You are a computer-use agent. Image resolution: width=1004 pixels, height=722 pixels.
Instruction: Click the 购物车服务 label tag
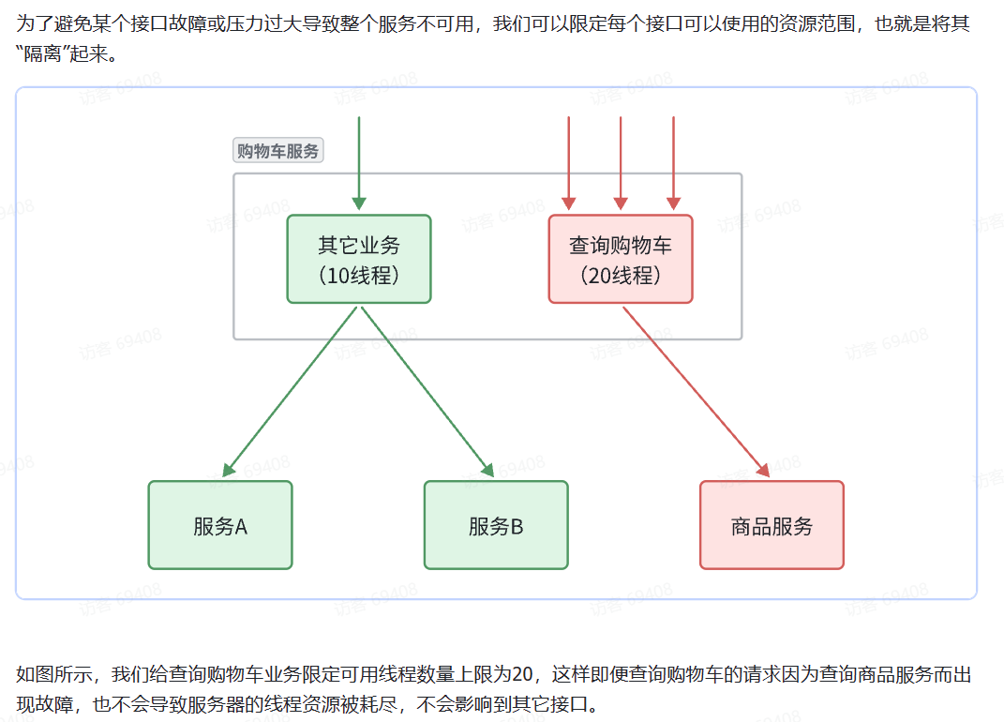tap(277, 151)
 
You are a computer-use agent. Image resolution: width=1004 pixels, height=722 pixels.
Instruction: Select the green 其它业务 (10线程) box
tap(359, 260)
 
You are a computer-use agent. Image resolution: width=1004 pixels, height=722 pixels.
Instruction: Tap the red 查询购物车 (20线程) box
tap(621, 260)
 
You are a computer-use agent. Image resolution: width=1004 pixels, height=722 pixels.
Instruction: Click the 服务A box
tap(220, 525)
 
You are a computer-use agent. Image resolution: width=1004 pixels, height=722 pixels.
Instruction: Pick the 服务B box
tap(496, 525)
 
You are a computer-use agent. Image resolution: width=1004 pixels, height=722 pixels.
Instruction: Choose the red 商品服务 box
tap(772, 525)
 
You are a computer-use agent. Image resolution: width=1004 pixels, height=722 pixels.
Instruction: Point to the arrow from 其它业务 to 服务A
tap(291, 390)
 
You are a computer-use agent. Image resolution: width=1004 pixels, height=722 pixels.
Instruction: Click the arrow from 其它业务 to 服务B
tap(427, 390)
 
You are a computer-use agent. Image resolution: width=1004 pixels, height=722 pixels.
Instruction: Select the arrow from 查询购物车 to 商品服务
tap(696, 390)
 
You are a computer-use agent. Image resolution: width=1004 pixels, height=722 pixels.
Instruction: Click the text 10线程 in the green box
tap(359, 276)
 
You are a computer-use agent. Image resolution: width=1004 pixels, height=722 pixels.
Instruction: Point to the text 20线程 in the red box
tap(621, 276)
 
